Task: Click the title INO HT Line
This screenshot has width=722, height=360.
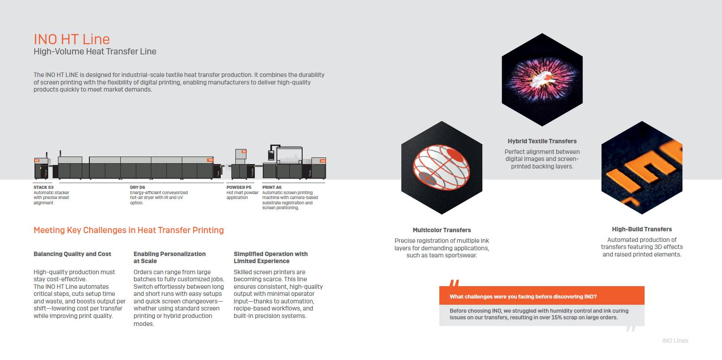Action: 72,39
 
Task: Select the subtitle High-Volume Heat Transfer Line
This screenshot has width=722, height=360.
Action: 95,51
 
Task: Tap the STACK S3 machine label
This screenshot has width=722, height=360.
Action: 43,187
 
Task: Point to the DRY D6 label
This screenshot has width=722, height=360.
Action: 137,187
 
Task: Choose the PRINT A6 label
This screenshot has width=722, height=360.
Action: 272,187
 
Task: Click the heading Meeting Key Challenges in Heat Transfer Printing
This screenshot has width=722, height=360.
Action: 128,230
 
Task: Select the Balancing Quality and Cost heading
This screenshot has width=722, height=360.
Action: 72,254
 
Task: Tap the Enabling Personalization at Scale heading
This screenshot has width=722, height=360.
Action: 169,257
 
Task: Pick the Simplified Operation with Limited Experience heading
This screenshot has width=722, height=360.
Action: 270,257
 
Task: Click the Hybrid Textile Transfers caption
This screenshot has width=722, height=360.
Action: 542,141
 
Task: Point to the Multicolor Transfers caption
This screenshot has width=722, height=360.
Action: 442,230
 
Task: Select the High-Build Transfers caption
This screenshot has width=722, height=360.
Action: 641,229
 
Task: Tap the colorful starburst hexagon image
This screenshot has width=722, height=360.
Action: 542,80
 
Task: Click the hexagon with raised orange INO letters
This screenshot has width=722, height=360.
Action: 641,168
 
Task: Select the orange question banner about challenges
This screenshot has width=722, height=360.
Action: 541,296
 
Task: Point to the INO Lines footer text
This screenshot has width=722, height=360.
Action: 675,341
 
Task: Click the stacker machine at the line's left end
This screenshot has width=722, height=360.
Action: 41,169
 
